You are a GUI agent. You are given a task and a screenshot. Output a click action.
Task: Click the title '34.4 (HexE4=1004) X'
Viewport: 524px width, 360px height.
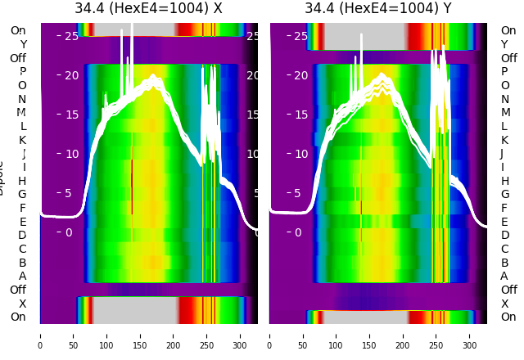coord(148,8)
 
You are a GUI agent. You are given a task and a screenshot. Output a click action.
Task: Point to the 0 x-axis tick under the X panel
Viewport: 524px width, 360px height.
coord(40,335)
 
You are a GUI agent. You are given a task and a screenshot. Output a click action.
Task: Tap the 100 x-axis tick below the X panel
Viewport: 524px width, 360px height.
coord(106,335)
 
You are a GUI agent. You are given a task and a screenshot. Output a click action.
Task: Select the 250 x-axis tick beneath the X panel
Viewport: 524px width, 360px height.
coord(207,335)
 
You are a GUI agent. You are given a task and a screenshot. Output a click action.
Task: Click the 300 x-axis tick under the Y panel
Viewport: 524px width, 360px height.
coord(470,335)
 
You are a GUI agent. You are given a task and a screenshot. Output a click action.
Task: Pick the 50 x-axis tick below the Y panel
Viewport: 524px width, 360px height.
coord(303,335)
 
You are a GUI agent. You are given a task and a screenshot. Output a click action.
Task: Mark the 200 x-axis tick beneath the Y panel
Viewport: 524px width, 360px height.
coord(404,335)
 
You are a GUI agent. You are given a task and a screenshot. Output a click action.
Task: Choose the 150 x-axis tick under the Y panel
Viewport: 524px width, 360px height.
coord(370,335)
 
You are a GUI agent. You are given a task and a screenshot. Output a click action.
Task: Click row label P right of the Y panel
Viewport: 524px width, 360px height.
coord(505,72)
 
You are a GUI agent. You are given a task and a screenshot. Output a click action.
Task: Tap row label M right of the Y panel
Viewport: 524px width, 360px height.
coord(505,113)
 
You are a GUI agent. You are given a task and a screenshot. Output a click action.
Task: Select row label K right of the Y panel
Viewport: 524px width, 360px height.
coord(505,140)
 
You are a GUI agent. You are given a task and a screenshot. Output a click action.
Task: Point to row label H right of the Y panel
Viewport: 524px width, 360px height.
coord(505,181)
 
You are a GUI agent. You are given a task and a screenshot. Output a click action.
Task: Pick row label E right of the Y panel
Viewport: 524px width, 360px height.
coord(505,222)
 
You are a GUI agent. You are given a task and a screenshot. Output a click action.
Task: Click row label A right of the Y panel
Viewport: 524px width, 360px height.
coord(505,277)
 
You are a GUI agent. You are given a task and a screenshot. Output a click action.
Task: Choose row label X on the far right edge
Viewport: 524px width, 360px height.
coord(505,304)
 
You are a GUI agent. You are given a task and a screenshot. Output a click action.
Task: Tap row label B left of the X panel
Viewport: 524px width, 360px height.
coord(23,263)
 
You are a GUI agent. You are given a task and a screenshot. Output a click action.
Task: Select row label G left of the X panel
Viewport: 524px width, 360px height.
coord(23,195)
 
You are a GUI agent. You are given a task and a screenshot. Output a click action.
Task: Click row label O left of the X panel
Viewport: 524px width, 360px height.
coord(23,85)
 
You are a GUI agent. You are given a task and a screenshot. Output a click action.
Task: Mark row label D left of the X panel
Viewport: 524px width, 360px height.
coord(23,236)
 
